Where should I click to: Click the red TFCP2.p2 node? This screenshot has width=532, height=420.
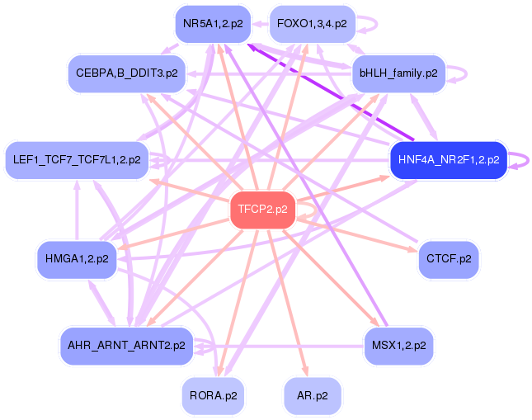(x=262, y=209)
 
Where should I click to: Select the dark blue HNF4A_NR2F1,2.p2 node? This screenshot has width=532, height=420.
(x=447, y=160)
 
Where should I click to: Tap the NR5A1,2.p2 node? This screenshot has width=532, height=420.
(x=213, y=24)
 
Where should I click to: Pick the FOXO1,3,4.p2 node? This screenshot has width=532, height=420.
(x=312, y=23)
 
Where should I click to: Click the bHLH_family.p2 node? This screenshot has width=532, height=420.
(x=398, y=73)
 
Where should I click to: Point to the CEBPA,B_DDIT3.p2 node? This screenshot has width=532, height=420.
(x=126, y=73)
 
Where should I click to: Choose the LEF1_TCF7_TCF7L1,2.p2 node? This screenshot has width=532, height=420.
(x=77, y=159)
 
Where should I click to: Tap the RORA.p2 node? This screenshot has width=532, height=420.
(x=213, y=395)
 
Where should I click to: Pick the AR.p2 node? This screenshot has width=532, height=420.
(x=312, y=395)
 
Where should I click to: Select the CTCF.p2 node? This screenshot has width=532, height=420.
(x=448, y=259)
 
